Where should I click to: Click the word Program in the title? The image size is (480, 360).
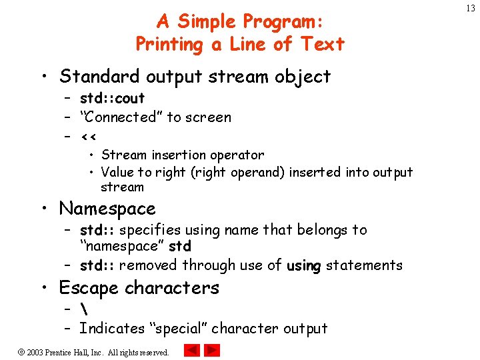click(283, 22)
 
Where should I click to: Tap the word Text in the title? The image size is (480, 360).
click(322, 45)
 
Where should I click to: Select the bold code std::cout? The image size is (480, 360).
click(112, 99)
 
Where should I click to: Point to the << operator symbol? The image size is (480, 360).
click(89, 137)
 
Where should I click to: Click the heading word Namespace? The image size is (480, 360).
click(107, 209)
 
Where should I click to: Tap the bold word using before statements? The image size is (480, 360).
click(304, 265)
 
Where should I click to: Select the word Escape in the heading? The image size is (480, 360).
click(89, 288)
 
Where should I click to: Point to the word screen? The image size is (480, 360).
click(209, 117)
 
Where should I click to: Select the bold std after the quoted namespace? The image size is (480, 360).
click(179, 247)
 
